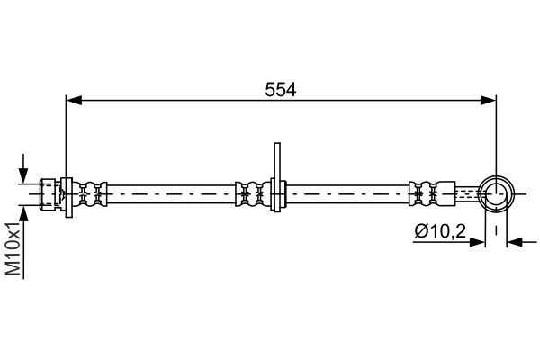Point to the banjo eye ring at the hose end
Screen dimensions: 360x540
click(496, 193)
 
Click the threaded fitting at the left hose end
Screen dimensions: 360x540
click(50, 193)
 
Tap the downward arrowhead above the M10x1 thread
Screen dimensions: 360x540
click(23, 175)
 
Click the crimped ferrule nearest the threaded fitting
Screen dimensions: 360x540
click(89, 193)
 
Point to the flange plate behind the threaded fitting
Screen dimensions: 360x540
click(65, 193)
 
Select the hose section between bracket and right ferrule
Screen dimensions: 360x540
click(346, 193)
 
